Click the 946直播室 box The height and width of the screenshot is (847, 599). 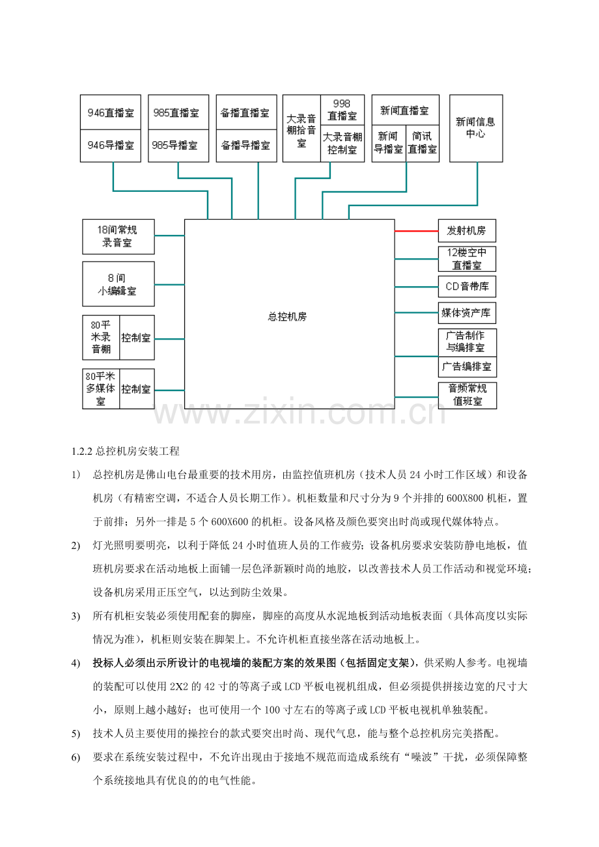point(111,113)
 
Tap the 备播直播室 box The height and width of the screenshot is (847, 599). point(245,113)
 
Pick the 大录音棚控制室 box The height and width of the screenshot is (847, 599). point(342,143)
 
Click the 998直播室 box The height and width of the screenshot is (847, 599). point(342,110)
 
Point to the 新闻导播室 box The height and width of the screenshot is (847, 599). point(389,143)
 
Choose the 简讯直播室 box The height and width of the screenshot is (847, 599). point(422,143)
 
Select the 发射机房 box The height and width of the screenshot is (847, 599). point(467,231)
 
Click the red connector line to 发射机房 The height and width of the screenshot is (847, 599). point(416,231)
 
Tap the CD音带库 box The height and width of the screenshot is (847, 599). point(467,286)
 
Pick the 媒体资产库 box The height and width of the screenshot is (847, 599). point(467,313)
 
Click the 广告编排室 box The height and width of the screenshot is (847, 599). point(467,366)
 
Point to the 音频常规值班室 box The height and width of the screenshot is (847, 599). point(467,395)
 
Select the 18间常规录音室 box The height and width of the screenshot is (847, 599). point(118,236)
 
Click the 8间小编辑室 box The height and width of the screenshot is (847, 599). point(118,284)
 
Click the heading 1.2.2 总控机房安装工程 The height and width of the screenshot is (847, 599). point(125,450)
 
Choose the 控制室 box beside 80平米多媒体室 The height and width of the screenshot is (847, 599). point(137,389)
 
